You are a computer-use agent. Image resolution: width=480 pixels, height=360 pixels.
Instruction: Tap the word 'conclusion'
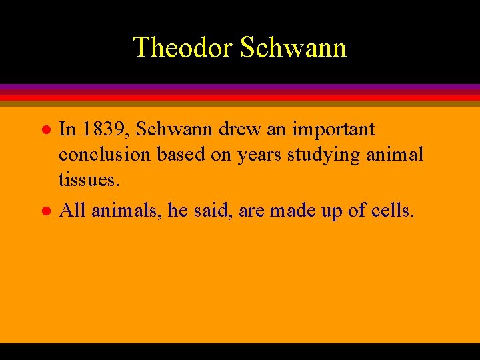[x=105, y=155]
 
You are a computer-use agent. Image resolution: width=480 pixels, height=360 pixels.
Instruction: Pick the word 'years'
[x=261, y=155]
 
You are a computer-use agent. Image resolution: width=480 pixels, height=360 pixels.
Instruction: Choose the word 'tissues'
[x=88, y=180]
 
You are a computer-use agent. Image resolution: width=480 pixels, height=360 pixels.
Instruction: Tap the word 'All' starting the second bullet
[x=73, y=211]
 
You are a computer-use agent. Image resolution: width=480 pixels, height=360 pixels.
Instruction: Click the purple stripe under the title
[x=240, y=87]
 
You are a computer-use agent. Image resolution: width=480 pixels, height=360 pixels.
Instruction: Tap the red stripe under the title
[x=240, y=97]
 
